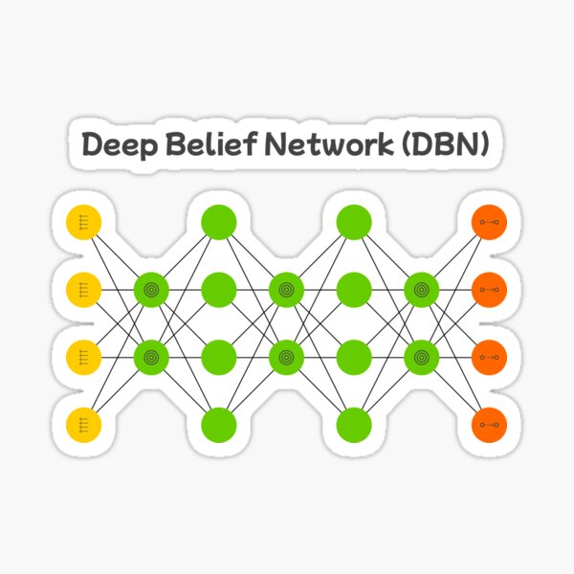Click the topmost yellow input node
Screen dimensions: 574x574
83,222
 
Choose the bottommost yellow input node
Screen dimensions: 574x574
83,423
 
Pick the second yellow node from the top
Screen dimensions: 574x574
83,288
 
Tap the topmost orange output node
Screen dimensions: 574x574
490,222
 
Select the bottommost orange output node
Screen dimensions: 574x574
490,423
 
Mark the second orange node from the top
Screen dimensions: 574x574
490,288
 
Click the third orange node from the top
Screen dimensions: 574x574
490,356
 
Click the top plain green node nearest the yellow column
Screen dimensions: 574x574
219,222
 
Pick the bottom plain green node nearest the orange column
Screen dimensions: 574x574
354,423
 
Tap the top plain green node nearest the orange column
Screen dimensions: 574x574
354,222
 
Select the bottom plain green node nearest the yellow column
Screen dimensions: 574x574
219,423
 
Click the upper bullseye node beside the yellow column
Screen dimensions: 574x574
150,288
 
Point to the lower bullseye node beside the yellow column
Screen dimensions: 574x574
150,356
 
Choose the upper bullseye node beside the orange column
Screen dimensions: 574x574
421,288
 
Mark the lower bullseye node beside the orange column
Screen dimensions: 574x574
421,356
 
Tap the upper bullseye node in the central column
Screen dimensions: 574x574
285,288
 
